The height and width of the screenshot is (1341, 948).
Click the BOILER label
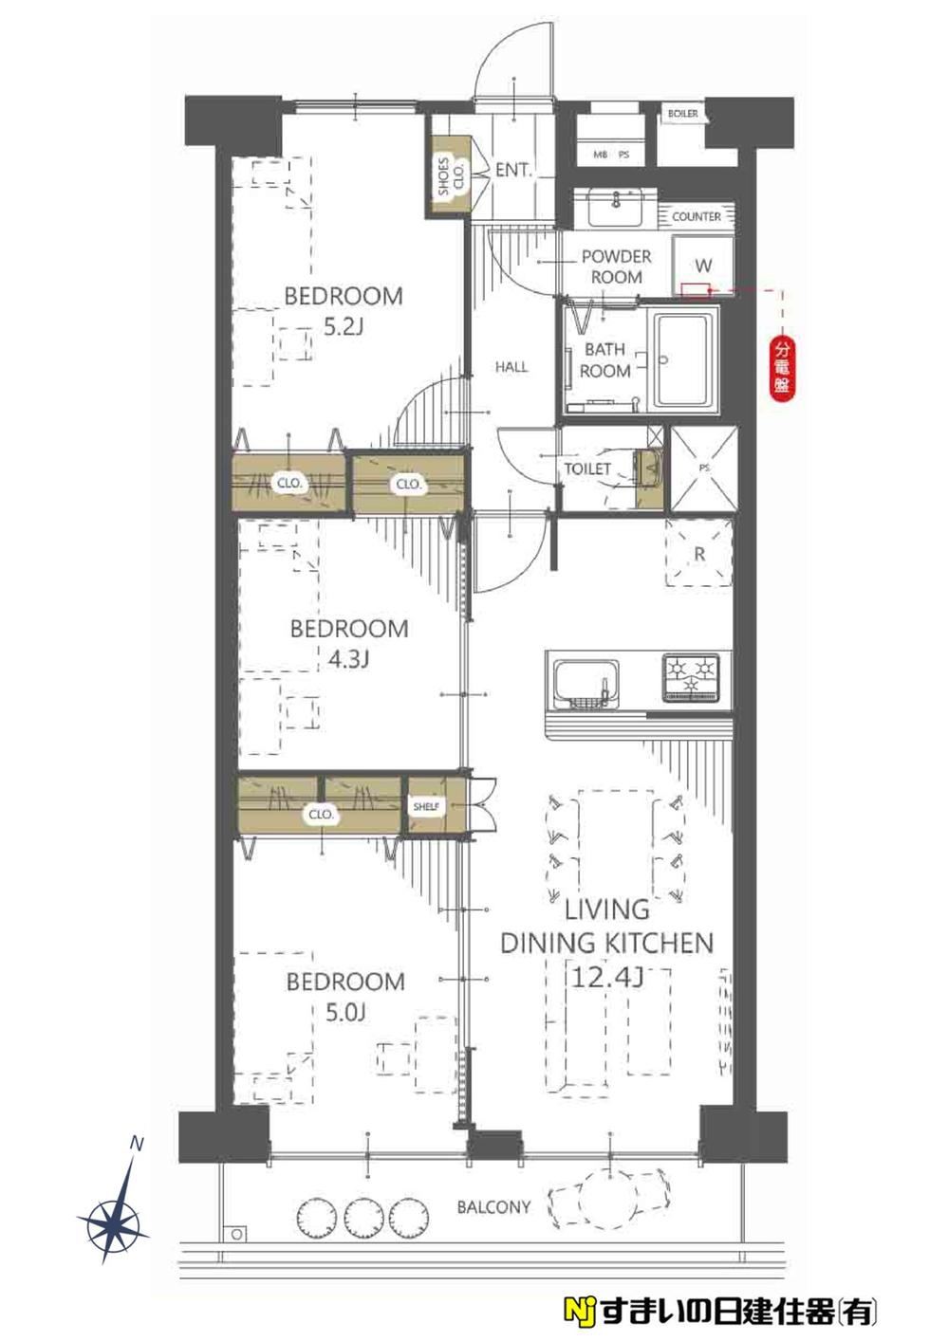click(682, 114)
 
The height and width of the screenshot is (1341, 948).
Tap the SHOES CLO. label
click(452, 176)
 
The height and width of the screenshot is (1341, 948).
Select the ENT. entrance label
click(513, 171)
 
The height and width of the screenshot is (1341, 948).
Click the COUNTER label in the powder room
click(696, 216)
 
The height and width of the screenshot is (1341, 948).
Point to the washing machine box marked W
click(703, 266)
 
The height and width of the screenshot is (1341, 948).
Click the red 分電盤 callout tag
click(782, 367)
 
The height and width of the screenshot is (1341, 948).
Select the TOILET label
click(587, 468)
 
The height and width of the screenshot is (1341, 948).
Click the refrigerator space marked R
click(698, 554)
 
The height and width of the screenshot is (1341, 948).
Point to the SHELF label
click(426, 806)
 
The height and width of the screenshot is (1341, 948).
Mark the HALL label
click(511, 367)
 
